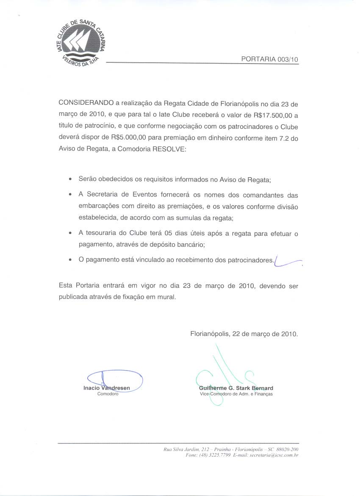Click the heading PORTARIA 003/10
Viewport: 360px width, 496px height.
[270, 59]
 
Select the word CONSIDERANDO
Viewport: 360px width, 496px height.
[86, 103]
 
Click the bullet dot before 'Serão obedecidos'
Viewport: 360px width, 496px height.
[69, 180]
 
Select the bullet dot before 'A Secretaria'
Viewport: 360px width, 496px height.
[69, 195]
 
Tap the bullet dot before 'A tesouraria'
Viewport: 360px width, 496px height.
[69, 234]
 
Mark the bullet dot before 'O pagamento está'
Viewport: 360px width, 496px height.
[69, 260]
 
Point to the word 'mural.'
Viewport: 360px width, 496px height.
[166, 297]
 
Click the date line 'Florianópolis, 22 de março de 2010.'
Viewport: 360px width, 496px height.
[244, 334]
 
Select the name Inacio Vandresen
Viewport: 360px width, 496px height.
[107, 388]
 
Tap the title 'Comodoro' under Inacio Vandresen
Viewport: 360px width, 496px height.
[108, 394]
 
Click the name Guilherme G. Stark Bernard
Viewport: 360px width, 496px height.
[236, 388]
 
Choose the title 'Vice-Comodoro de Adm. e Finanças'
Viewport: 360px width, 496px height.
[236, 394]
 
